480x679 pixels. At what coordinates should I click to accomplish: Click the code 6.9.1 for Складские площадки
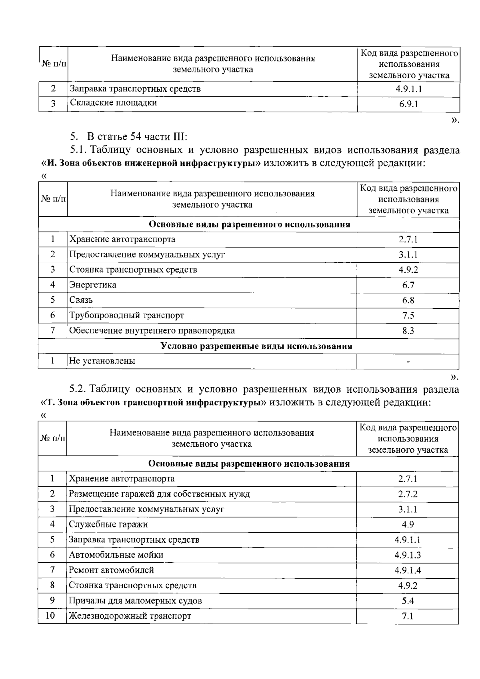(x=408, y=104)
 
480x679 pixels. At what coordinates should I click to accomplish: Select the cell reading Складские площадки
(x=113, y=103)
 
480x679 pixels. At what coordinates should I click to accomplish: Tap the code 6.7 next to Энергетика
(x=408, y=285)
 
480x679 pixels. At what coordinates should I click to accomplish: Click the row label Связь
(x=81, y=300)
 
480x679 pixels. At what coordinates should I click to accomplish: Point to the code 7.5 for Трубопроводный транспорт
(x=408, y=316)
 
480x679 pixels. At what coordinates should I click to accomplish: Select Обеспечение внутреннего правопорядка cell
(x=152, y=331)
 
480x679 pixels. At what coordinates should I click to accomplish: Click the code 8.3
(x=408, y=331)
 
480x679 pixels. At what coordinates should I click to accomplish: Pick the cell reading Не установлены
(x=102, y=361)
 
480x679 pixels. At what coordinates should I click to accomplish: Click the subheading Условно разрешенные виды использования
(x=256, y=346)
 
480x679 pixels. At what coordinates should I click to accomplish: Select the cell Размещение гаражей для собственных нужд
(x=159, y=494)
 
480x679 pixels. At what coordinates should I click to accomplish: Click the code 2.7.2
(x=408, y=494)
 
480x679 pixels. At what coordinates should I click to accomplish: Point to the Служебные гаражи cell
(x=108, y=525)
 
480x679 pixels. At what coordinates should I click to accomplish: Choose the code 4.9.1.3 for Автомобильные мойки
(x=408, y=555)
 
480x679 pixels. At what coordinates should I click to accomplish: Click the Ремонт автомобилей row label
(x=111, y=570)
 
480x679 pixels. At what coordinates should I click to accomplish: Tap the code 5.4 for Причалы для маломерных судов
(x=408, y=601)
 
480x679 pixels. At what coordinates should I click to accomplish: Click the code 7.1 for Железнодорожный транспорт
(x=408, y=616)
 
